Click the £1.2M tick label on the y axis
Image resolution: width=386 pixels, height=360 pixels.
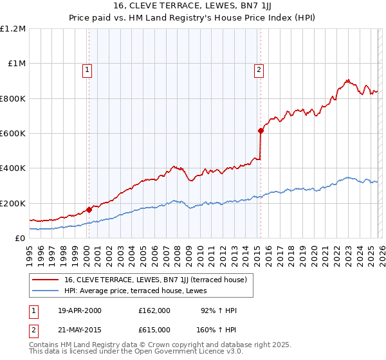[13, 29]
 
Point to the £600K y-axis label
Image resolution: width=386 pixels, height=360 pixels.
[13, 134]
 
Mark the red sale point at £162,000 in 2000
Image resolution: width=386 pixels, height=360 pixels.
[89, 210]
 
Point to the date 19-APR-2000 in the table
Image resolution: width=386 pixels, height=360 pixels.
[80, 310]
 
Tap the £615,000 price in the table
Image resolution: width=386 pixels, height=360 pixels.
[154, 330]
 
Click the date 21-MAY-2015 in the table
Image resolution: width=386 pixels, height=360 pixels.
[80, 330]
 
